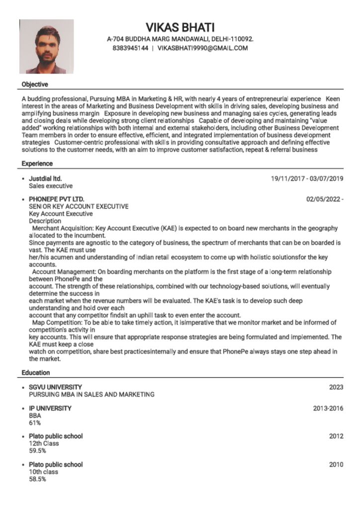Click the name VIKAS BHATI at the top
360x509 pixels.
point(180,27)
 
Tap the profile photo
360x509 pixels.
point(46,47)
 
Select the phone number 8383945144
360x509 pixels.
point(130,48)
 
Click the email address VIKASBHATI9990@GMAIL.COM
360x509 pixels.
point(202,48)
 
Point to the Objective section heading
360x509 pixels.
point(35,85)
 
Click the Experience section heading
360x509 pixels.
point(37,164)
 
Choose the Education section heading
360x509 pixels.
point(36,372)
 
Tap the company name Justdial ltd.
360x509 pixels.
point(45,178)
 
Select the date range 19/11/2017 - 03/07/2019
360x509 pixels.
point(307,178)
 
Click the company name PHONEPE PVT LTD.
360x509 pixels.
point(57,199)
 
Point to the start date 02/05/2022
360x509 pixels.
point(324,199)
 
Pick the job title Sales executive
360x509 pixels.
point(51,186)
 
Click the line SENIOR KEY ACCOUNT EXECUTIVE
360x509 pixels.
point(79,206)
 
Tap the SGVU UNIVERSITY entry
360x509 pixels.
point(55,387)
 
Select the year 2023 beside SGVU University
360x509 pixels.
point(336,387)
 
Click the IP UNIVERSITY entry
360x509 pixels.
point(50,408)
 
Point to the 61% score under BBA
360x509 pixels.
point(35,423)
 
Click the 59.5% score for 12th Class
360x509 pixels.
point(37,451)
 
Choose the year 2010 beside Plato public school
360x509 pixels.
point(336,464)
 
